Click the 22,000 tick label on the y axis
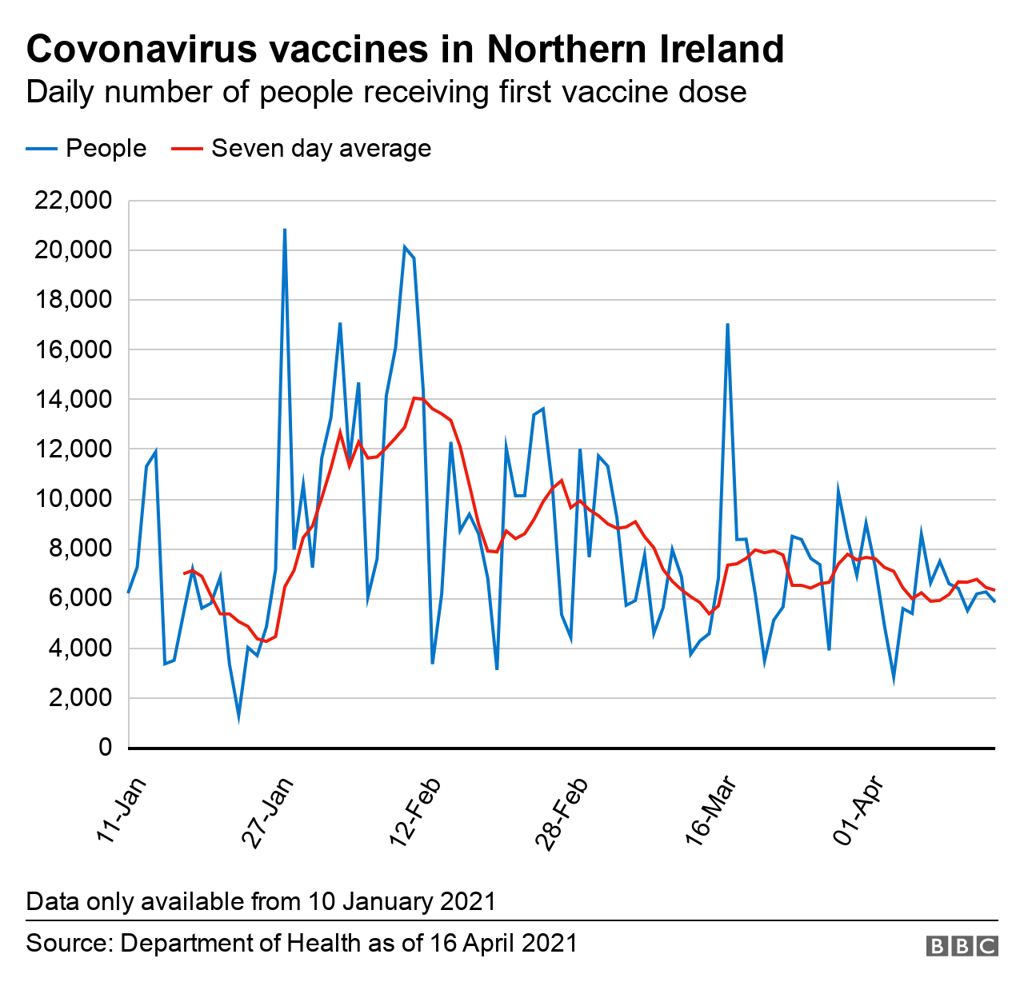pos(73,201)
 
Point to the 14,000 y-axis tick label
pos(73,400)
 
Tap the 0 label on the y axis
pos(105,748)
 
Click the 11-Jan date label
pos(121,808)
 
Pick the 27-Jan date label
pos(267,812)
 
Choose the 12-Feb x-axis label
pos(414,812)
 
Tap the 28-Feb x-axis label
pos(562,812)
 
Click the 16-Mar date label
pos(710,812)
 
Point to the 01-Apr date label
pos(858,810)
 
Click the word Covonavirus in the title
pos(139,50)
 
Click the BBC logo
pos(962,946)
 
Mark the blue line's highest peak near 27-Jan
pos(285,230)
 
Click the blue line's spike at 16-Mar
pos(727,324)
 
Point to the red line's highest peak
pos(414,397)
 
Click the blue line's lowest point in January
pos(238,717)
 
